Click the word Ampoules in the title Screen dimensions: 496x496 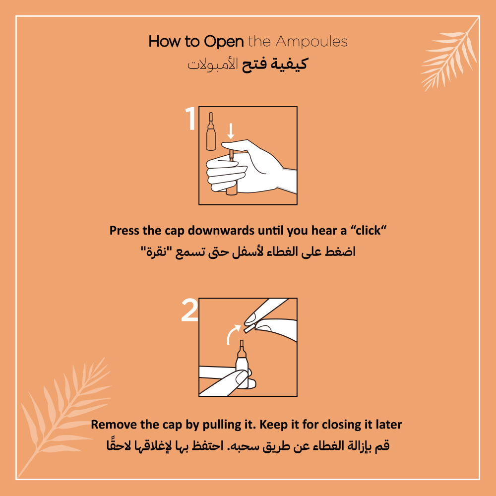pos(311,42)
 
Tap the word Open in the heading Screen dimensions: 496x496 pos(224,42)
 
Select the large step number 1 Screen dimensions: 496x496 pos(190,119)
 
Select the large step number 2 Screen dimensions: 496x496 pos(189,310)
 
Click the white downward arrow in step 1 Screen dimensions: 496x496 pos(231,131)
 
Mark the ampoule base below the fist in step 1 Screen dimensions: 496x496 pos(232,191)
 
